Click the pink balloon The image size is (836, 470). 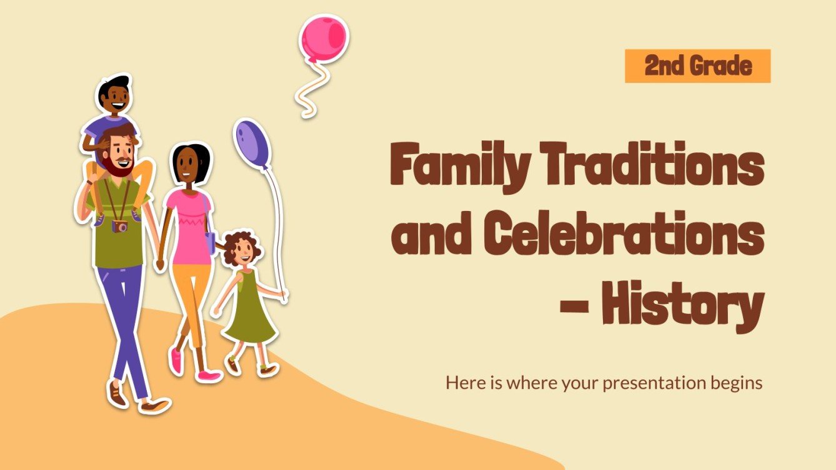[323, 36]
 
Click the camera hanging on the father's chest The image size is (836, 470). [119, 225]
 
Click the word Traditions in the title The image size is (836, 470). [657, 164]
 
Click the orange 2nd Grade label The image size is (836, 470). [697, 66]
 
